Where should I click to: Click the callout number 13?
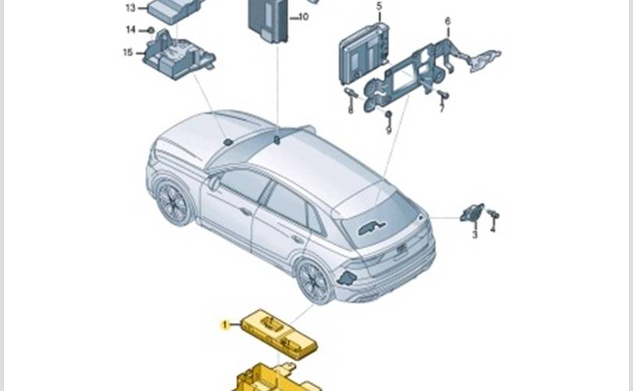pos(131,8)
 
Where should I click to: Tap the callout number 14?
pos(131,30)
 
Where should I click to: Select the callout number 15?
pos(127,52)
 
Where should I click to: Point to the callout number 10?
pos(303,16)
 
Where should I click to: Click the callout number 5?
pos(379,6)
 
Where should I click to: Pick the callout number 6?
pos(447,21)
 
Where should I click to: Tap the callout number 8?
pos(442,108)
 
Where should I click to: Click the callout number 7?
pos(388,130)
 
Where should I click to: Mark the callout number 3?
pos(475,234)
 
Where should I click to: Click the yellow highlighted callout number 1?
pos(225,325)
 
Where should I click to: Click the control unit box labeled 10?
pos(267,20)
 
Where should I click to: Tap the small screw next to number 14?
pos(151,30)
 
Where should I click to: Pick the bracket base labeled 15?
pos(178,56)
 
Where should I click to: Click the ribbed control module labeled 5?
pos(363,52)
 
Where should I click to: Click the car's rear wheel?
pos(315,282)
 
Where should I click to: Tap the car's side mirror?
pos(214,182)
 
